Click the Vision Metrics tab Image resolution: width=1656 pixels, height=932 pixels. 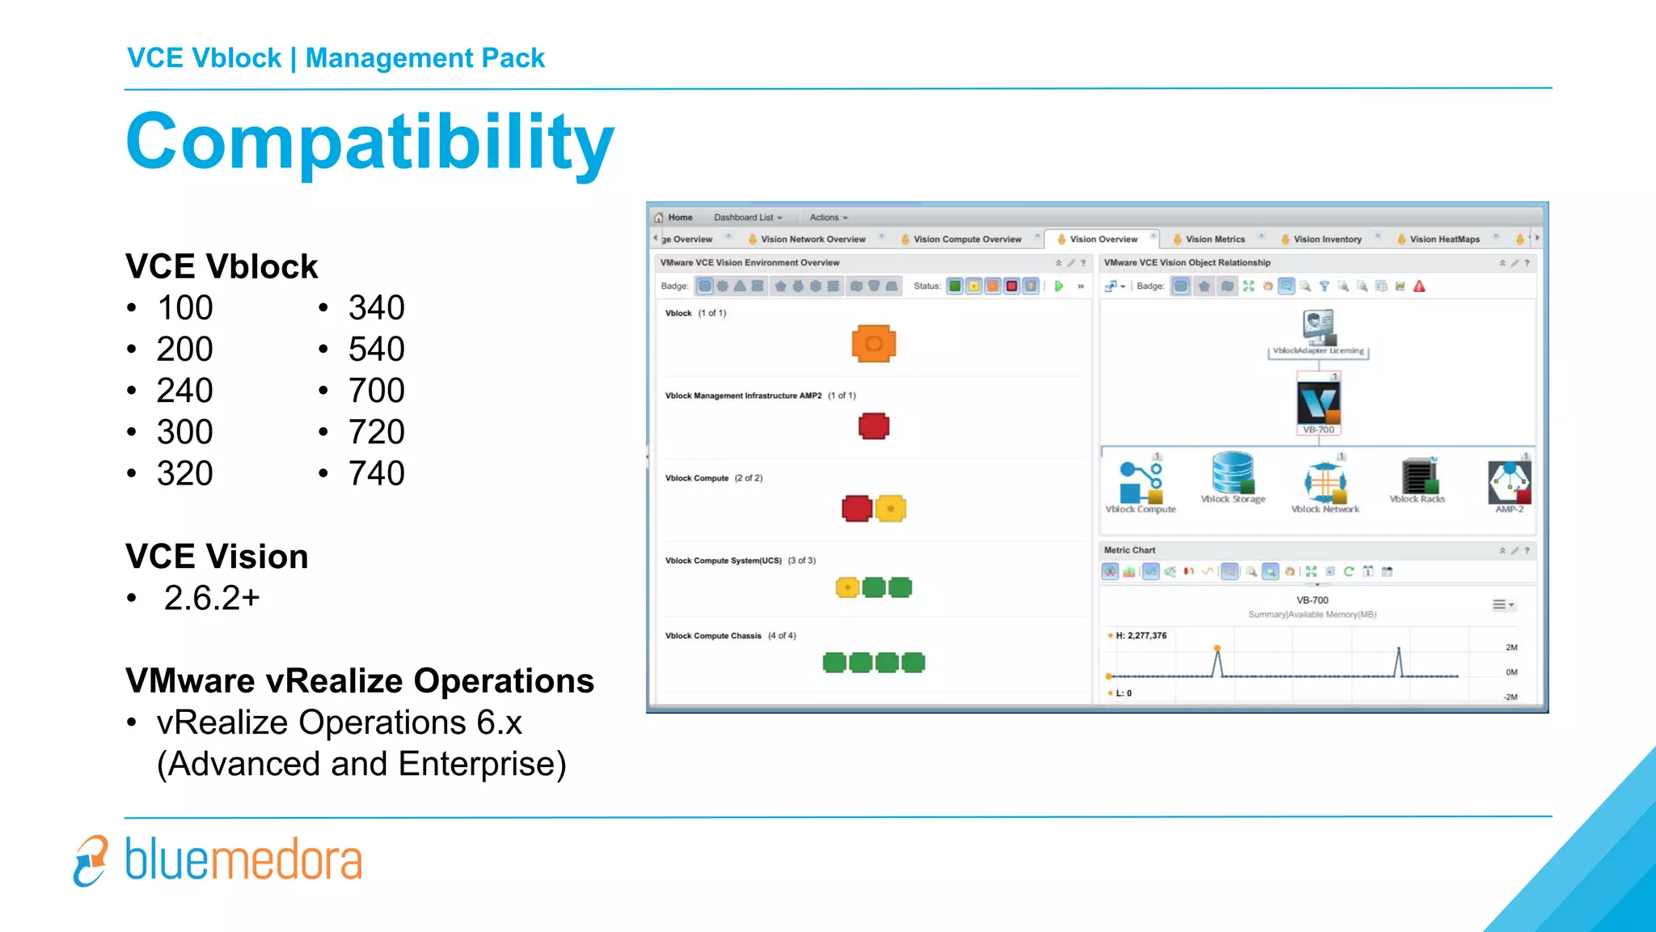click(x=1215, y=239)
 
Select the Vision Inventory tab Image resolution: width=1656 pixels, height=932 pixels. click(x=1327, y=239)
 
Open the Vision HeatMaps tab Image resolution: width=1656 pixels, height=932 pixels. click(x=1444, y=239)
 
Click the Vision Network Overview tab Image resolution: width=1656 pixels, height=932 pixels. click(x=813, y=239)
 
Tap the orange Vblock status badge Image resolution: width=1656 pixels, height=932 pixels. click(x=873, y=344)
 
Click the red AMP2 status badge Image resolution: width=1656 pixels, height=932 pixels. click(x=873, y=426)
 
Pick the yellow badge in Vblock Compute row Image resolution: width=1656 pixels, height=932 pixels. click(x=890, y=509)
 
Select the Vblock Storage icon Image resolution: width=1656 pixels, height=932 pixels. click(x=1232, y=473)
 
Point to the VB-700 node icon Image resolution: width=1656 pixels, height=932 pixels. click(x=1318, y=403)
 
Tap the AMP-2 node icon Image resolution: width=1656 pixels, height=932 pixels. click(x=1509, y=482)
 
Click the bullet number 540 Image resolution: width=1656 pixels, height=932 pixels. click(x=376, y=349)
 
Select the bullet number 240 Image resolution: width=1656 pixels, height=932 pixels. click(x=184, y=391)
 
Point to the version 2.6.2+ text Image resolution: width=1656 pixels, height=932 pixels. click(x=212, y=599)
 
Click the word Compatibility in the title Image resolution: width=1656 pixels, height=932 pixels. click(x=370, y=142)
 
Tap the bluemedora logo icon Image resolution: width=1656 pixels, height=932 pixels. click(x=91, y=861)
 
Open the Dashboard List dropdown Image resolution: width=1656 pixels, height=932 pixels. click(x=747, y=218)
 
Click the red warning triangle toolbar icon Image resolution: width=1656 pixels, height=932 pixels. click(x=1419, y=286)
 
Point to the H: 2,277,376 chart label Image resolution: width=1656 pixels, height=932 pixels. click(x=1140, y=636)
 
